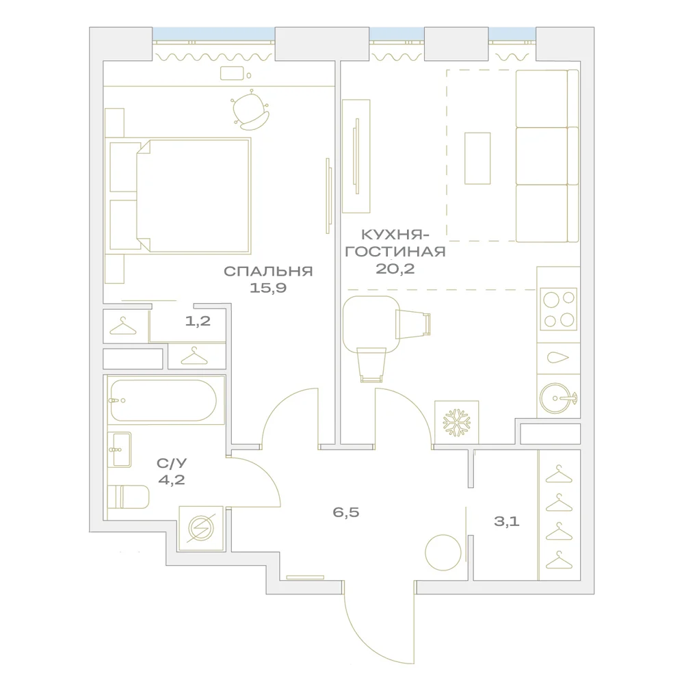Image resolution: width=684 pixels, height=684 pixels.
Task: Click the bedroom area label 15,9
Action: click(x=268, y=288)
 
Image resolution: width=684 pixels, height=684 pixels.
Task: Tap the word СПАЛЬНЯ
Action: click(x=268, y=271)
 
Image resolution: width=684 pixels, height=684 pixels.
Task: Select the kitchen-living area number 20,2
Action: click(x=395, y=269)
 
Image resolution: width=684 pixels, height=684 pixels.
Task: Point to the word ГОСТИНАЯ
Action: click(x=395, y=252)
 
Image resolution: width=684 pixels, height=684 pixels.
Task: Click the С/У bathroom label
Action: click(x=172, y=463)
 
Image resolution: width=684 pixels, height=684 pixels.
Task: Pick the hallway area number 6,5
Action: click(x=346, y=512)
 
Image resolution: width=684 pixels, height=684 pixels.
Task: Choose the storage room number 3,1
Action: click(x=506, y=521)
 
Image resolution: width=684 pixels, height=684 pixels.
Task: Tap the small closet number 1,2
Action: click(x=198, y=321)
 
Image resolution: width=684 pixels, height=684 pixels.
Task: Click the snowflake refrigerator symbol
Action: click(x=457, y=422)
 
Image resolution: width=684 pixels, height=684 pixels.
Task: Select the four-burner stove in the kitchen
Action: click(x=558, y=309)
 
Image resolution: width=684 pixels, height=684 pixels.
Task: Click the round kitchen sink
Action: click(x=557, y=398)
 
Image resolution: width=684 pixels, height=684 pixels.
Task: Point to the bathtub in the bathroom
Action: click(x=163, y=400)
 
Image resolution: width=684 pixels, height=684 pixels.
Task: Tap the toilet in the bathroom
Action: click(x=129, y=497)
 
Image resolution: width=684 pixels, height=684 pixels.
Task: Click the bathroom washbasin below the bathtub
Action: click(x=119, y=450)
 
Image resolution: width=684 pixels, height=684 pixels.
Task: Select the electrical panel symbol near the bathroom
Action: click(x=201, y=528)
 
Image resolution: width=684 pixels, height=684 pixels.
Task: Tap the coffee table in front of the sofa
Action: click(x=477, y=159)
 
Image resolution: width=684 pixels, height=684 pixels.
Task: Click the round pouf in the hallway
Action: click(x=443, y=552)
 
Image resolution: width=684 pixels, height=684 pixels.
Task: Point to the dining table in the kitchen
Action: click(x=371, y=324)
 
